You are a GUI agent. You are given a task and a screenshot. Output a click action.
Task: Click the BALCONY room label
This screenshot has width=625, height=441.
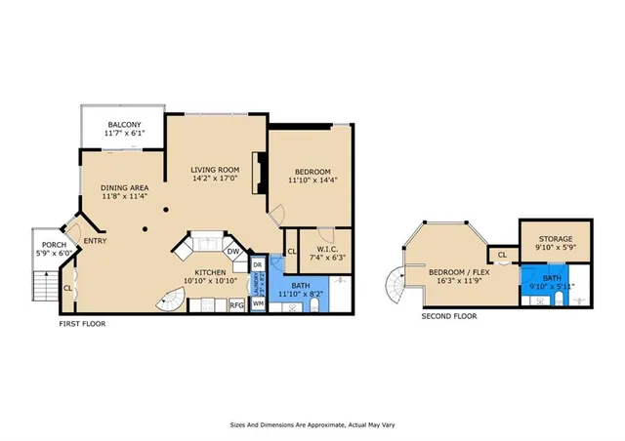pyautogui.click(x=125, y=125)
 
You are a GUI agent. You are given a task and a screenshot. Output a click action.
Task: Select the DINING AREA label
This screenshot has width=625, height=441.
pyautogui.click(x=125, y=187)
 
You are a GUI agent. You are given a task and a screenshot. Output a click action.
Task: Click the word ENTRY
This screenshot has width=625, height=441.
pyautogui.click(x=96, y=241)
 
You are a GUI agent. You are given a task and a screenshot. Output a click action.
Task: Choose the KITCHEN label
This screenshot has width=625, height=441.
pyautogui.click(x=210, y=272)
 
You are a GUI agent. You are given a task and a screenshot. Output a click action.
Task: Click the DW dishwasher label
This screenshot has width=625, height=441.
pyautogui.click(x=234, y=251)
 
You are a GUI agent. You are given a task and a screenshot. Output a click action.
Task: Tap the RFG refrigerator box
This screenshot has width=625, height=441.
pyautogui.click(x=236, y=305)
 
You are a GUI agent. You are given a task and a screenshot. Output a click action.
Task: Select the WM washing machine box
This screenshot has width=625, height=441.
pyautogui.click(x=258, y=304)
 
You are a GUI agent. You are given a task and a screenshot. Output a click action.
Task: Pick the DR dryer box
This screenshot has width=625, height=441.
pyautogui.click(x=258, y=264)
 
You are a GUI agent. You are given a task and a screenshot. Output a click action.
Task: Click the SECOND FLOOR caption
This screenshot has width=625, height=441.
pyautogui.click(x=449, y=316)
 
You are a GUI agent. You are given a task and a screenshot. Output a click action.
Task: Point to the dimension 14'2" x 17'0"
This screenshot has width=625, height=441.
pyautogui.click(x=215, y=179)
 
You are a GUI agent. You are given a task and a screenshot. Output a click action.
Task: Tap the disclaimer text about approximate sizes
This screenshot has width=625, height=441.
pyautogui.click(x=312, y=425)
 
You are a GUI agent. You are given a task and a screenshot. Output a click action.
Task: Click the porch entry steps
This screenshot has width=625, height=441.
pyautogui.click(x=43, y=286)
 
